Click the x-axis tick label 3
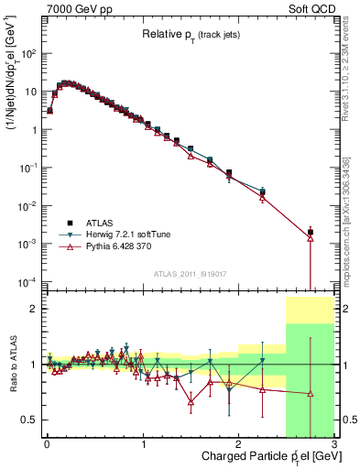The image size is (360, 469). point(334,444)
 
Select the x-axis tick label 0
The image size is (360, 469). point(46,444)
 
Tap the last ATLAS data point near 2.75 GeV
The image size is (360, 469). point(311,233)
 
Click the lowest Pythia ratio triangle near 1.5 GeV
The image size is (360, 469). point(191,401)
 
